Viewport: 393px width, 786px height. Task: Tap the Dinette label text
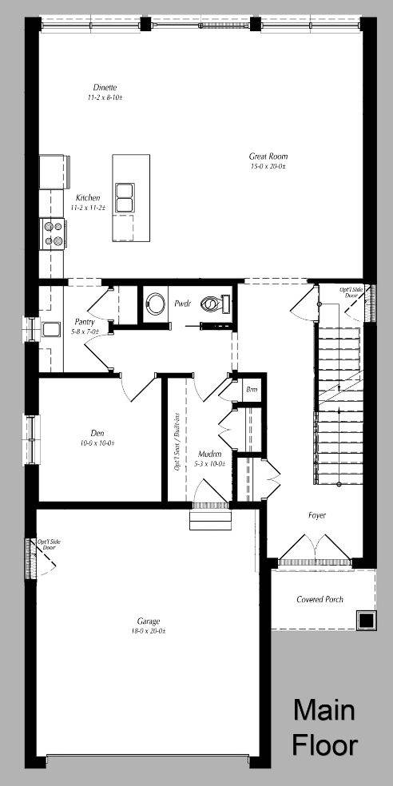tap(105, 87)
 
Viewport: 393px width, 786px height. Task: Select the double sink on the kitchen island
tap(125, 197)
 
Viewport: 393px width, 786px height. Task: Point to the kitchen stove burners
tap(54, 232)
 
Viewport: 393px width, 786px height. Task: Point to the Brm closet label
tap(252, 389)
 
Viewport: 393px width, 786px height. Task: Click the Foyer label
tap(317, 515)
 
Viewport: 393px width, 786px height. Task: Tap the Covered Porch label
tap(320, 599)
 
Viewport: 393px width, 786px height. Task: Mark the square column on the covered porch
tap(366, 620)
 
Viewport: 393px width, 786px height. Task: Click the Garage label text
tap(149, 621)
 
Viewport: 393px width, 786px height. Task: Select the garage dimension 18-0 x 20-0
tap(149, 631)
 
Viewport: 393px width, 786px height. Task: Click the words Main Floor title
tap(324, 727)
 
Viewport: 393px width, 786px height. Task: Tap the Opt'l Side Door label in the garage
tap(49, 546)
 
